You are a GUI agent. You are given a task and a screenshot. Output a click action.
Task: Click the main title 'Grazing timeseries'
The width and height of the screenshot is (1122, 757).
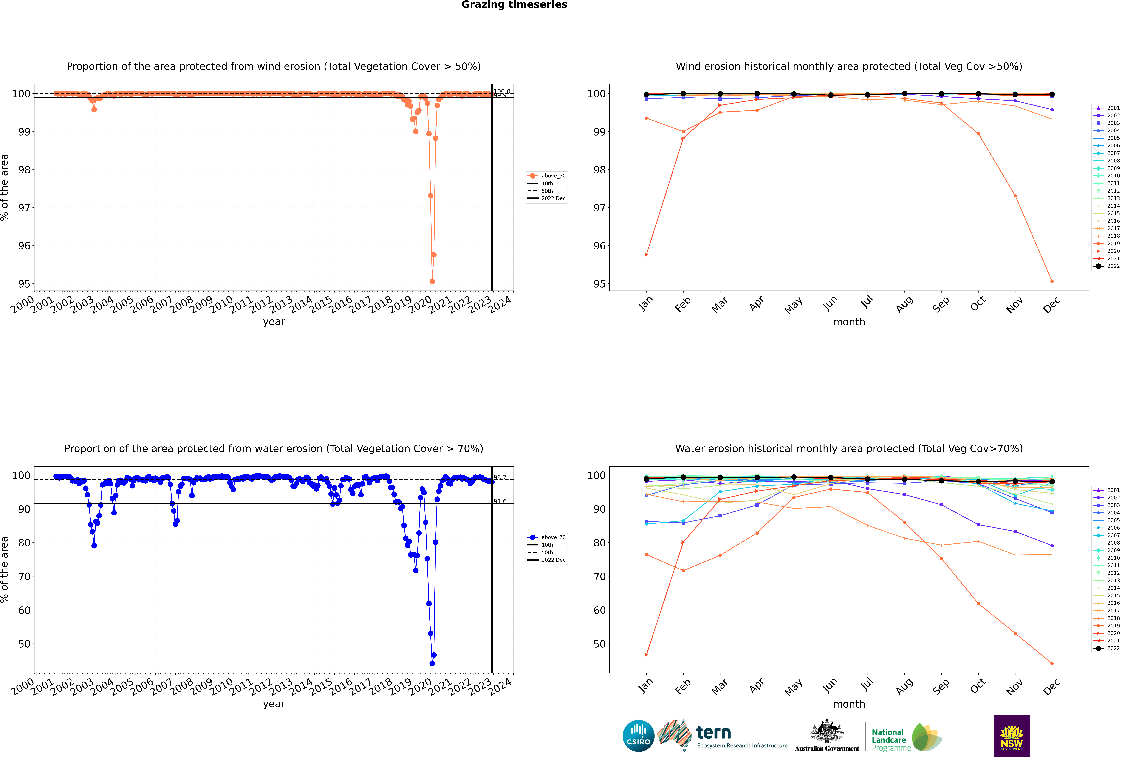pyautogui.click(x=514, y=5)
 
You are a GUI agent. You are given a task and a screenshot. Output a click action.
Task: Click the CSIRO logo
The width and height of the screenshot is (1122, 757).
pyautogui.click(x=638, y=736)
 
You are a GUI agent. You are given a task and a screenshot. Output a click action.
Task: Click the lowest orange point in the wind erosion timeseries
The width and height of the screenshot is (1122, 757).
pyautogui.click(x=432, y=281)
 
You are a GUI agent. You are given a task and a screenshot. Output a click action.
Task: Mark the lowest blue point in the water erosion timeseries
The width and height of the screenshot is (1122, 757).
pyautogui.click(x=432, y=664)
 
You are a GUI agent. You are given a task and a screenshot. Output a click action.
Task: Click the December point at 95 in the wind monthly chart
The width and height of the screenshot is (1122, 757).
pyautogui.click(x=1052, y=281)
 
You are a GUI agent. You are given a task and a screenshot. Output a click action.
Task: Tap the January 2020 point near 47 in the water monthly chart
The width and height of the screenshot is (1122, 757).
pyautogui.click(x=646, y=655)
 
